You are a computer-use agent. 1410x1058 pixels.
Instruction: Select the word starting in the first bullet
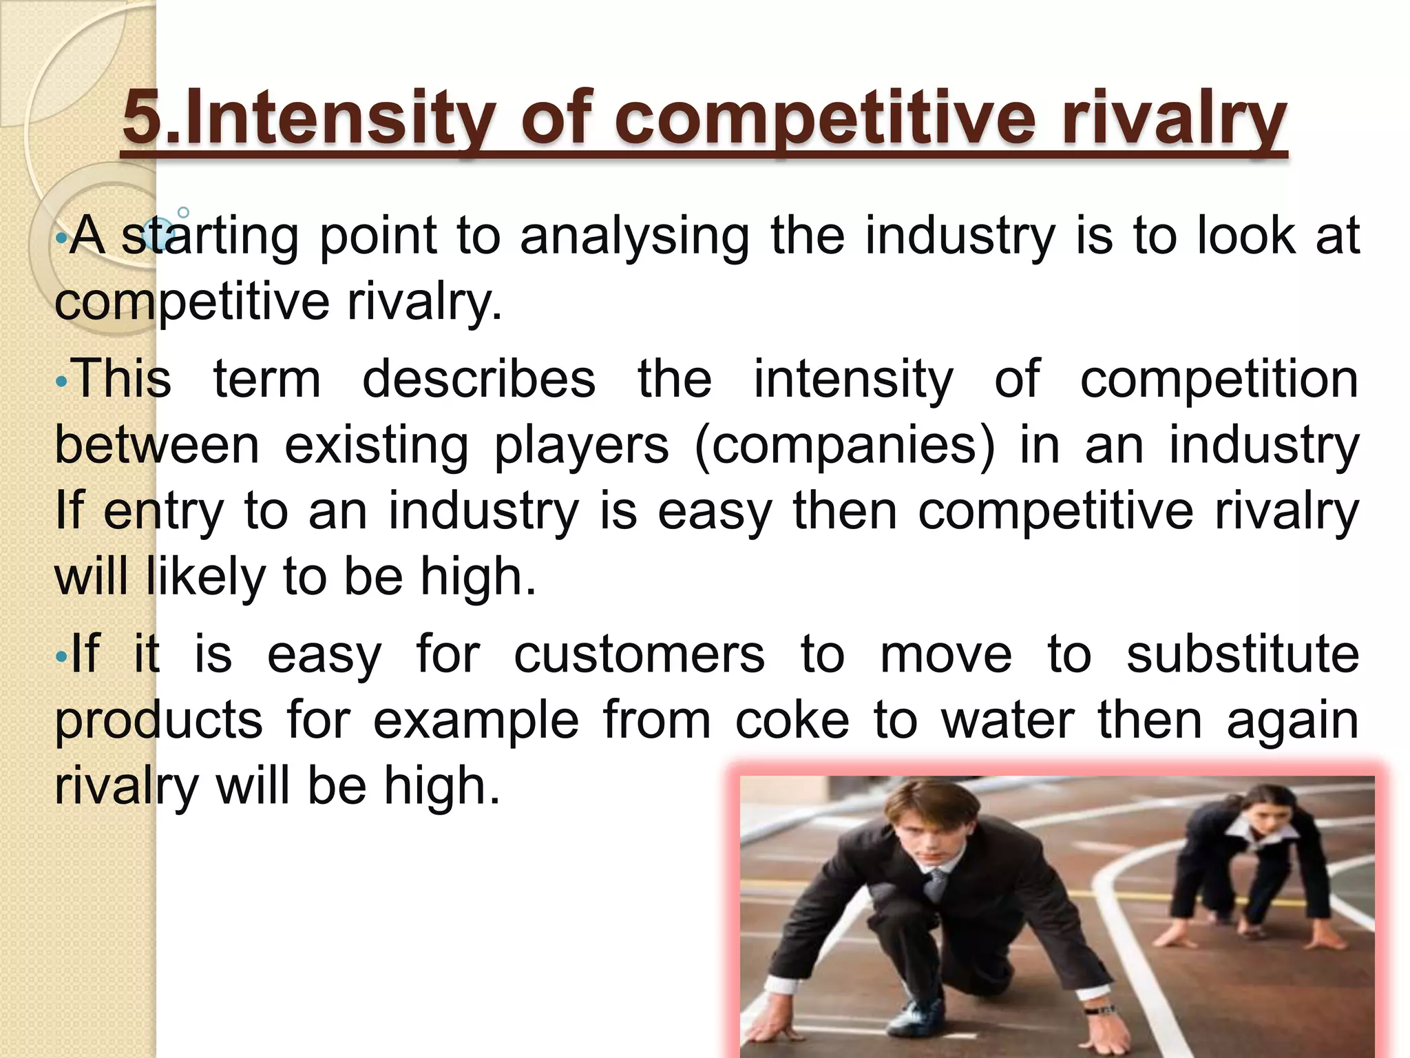click(210, 236)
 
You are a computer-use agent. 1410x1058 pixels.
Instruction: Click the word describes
click(478, 380)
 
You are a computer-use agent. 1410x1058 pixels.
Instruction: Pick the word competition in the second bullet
click(1219, 380)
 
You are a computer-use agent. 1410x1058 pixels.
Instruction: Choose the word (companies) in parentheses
click(845, 446)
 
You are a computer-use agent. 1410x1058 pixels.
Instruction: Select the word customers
click(640, 654)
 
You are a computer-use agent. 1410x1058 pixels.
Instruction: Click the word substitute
click(1243, 654)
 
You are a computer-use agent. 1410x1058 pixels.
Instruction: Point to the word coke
click(792, 720)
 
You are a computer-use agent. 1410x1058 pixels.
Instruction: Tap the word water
click(1007, 720)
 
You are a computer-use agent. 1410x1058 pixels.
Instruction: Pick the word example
click(476, 720)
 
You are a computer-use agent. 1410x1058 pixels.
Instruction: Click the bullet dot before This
click(61, 381)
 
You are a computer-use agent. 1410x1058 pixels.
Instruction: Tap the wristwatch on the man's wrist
click(1100, 1010)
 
